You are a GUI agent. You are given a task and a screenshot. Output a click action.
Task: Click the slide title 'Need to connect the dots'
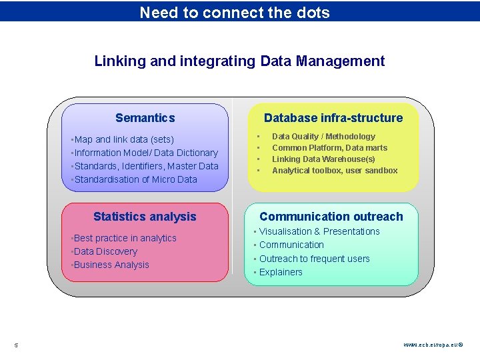pos(235,12)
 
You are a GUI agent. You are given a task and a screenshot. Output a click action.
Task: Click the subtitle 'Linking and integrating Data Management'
pos(239,61)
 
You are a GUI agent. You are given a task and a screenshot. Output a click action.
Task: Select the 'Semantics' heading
pos(145,118)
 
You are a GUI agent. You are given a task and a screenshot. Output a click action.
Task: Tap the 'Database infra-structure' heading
pos(333,118)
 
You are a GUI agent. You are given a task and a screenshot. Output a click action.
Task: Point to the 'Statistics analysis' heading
pos(145,217)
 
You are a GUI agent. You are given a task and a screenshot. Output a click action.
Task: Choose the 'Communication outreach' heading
pos(331,217)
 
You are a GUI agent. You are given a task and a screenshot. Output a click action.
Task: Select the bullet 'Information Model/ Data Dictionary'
pos(146,153)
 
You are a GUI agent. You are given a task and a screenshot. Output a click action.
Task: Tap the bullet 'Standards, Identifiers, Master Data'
pos(147,166)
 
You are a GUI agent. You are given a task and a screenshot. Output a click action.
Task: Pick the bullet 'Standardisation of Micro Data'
pos(136,179)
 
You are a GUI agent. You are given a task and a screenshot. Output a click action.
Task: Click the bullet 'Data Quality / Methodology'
pos(323,137)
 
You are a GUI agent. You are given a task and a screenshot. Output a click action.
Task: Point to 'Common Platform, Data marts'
pos(329,148)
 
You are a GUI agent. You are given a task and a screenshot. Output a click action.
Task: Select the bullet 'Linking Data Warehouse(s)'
pos(323,159)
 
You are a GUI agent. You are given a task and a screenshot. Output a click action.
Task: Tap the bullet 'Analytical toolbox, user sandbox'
pos(335,171)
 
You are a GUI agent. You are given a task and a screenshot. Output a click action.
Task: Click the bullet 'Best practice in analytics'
pos(125,238)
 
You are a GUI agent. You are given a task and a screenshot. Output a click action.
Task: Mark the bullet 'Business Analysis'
pos(112,265)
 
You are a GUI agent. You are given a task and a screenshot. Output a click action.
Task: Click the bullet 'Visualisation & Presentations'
pos(319,231)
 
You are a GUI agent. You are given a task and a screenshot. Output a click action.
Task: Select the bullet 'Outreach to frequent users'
pos(314,259)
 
